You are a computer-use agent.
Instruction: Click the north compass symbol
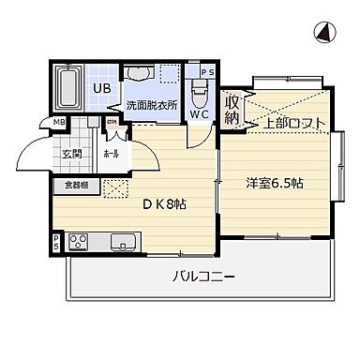click(x=324, y=34)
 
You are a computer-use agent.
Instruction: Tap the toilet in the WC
click(x=199, y=90)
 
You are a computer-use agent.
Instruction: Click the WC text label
click(x=199, y=113)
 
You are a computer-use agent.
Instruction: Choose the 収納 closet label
click(x=232, y=109)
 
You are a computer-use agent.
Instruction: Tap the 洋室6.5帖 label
click(x=276, y=184)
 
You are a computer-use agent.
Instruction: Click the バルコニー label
click(x=202, y=277)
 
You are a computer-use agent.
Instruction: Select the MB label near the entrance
click(x=57, y=122)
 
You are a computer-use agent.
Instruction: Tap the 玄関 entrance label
click(x=72, y=156)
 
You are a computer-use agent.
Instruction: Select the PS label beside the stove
click(x=57, y=243)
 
